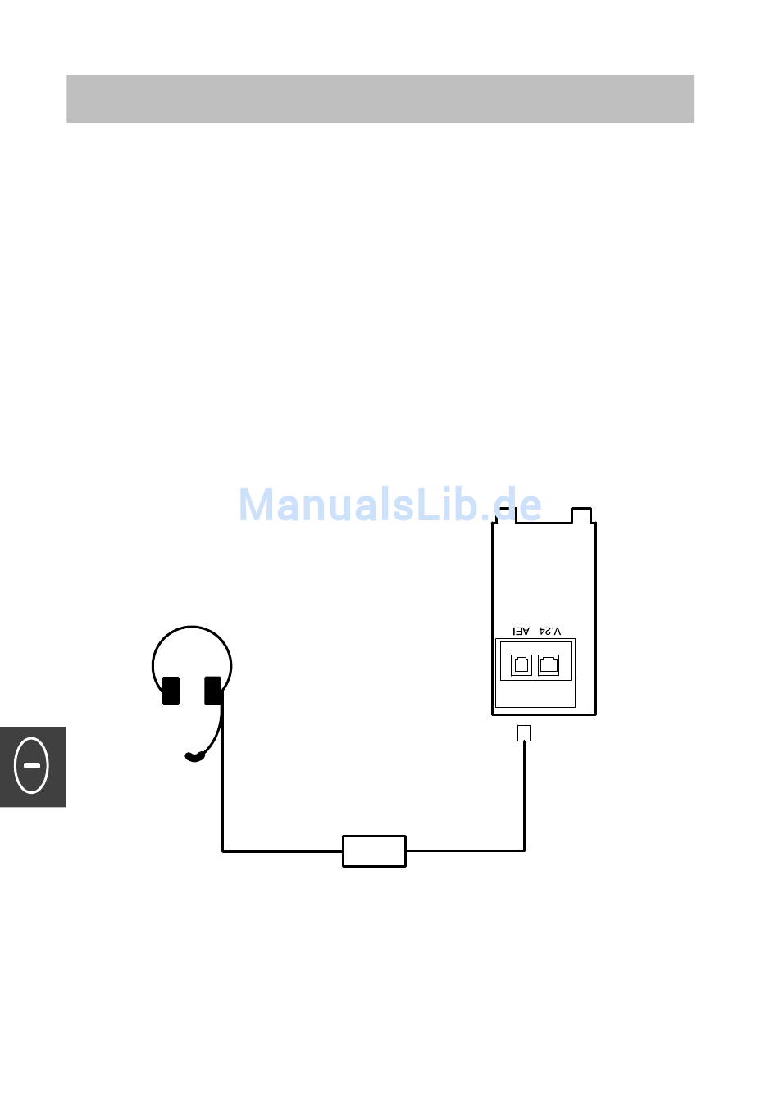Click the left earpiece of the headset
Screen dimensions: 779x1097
171,690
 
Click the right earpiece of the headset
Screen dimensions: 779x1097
213,690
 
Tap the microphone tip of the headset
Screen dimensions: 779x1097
194,757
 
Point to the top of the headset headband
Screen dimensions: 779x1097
192,628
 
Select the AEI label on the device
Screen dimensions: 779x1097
522,631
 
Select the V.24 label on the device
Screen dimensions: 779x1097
550,631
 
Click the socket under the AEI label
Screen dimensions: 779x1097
522,664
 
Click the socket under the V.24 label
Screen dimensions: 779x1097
549,664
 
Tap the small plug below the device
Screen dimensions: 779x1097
524,733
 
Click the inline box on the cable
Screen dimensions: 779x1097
374,851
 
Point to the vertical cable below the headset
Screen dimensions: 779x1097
223,786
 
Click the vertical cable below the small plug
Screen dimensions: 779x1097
524,795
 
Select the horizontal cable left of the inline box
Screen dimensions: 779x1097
283,851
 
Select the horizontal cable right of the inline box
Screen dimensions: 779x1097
465,850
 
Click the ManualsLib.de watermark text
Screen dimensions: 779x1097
389,505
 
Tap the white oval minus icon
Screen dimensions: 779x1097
32,765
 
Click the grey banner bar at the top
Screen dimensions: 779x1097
380,99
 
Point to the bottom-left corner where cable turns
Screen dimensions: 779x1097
223,851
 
